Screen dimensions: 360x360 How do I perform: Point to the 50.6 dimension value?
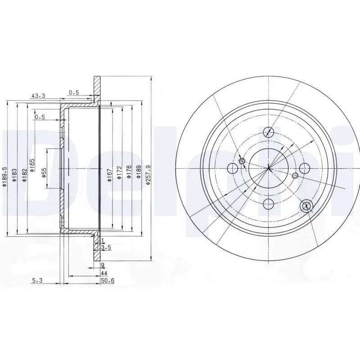(105, 280)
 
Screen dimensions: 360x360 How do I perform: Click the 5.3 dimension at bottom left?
(37, 280)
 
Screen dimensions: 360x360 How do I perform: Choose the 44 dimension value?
(103, 273)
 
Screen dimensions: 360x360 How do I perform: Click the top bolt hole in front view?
(269, 132)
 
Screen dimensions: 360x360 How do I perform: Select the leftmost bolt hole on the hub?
(233, 169)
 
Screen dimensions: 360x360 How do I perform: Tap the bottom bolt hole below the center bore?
(269, 204)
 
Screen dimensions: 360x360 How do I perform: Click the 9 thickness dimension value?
(103, 265)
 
